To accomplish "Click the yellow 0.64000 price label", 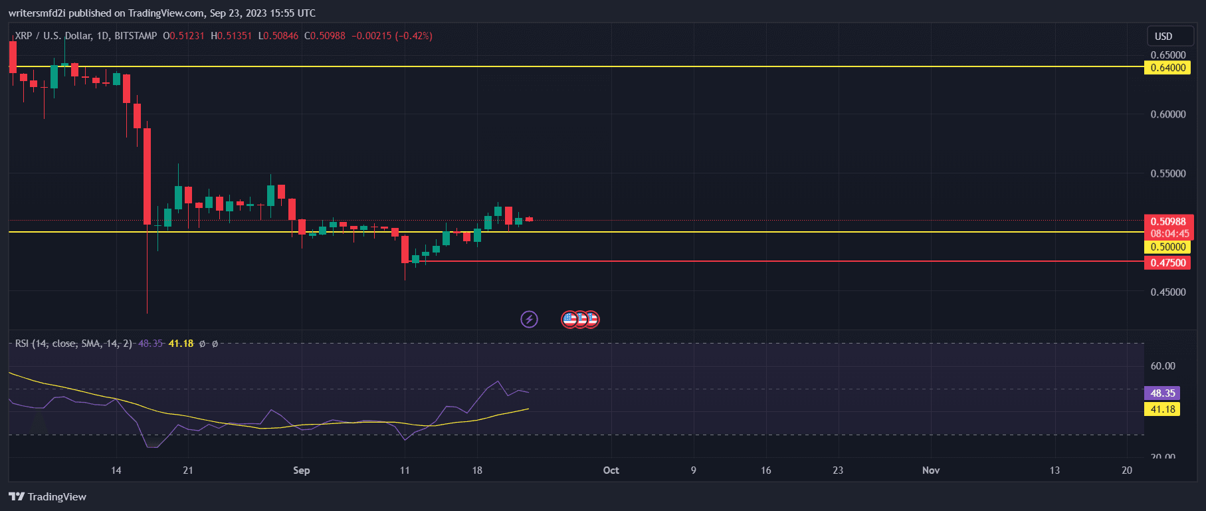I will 1168,68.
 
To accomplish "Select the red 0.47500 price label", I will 1168,263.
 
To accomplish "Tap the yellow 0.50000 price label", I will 1168,247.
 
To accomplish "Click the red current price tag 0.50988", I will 1168,222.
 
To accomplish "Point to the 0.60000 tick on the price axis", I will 1168,114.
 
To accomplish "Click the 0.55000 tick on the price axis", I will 1168,173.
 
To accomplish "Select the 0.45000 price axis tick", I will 1168,292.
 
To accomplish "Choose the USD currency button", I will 1163,37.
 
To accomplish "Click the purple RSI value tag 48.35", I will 1163,393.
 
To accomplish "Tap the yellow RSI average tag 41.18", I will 1163,409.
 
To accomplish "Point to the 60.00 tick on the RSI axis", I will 1163,366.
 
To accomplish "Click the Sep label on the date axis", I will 302,470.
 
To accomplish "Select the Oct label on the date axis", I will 611,470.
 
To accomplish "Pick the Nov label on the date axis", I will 931,470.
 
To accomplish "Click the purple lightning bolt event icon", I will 529,320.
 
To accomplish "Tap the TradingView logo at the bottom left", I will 48,497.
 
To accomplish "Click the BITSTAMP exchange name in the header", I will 136,36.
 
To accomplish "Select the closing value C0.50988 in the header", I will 325,36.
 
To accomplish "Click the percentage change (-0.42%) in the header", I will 414,36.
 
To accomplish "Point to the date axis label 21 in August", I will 188,470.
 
